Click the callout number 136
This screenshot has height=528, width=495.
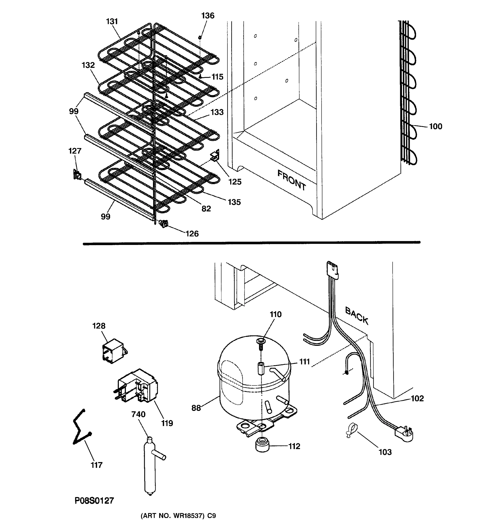(208, 16)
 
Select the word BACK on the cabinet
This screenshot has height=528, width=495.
(357, 315)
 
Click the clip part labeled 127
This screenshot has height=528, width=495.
(77, 175)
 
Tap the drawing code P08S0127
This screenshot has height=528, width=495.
(94, 501)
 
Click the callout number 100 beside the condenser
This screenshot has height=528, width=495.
(436, 126)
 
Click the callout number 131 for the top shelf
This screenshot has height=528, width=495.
(112, 21)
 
